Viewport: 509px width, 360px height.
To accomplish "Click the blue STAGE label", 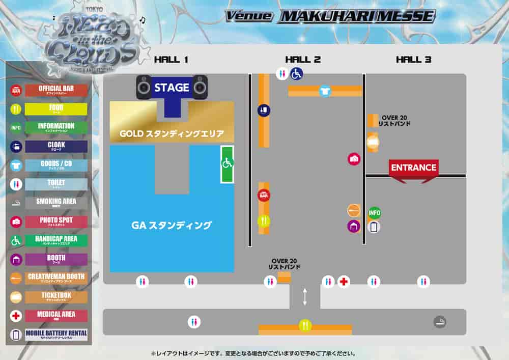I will click(172, 88).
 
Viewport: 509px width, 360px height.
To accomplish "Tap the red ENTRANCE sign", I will click(413, 168).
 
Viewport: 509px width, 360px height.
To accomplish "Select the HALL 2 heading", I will click(303, 60).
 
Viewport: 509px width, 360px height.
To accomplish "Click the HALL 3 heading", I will click(413, 60).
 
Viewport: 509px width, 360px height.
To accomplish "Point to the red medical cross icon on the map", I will click(344, 282).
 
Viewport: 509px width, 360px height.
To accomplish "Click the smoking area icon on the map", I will click(440, 321).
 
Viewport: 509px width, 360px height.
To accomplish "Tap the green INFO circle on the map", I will click(374, 213).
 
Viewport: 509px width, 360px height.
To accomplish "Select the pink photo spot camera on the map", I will click(354, 159).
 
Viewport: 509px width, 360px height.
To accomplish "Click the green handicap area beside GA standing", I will click(227, 164).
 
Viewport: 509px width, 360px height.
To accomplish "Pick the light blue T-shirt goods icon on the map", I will click(324, 91).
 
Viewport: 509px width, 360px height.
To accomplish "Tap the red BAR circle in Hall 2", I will click(263, 195).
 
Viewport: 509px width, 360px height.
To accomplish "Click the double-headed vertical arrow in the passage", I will click(305, 297).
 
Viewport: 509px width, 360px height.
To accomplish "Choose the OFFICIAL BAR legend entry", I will click(56, 90).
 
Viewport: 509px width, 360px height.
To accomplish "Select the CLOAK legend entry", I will click(56, 146).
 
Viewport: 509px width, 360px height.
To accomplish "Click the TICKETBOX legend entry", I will click(56, 296).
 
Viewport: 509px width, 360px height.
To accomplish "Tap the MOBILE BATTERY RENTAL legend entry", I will click(56, 335).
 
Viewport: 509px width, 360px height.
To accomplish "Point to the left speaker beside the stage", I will click(144, 87).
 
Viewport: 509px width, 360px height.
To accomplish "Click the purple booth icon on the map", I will click(354, 226).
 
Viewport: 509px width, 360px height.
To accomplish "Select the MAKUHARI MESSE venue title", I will click(356, 16).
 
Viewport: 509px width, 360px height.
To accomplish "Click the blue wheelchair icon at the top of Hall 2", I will click(296, 74).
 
